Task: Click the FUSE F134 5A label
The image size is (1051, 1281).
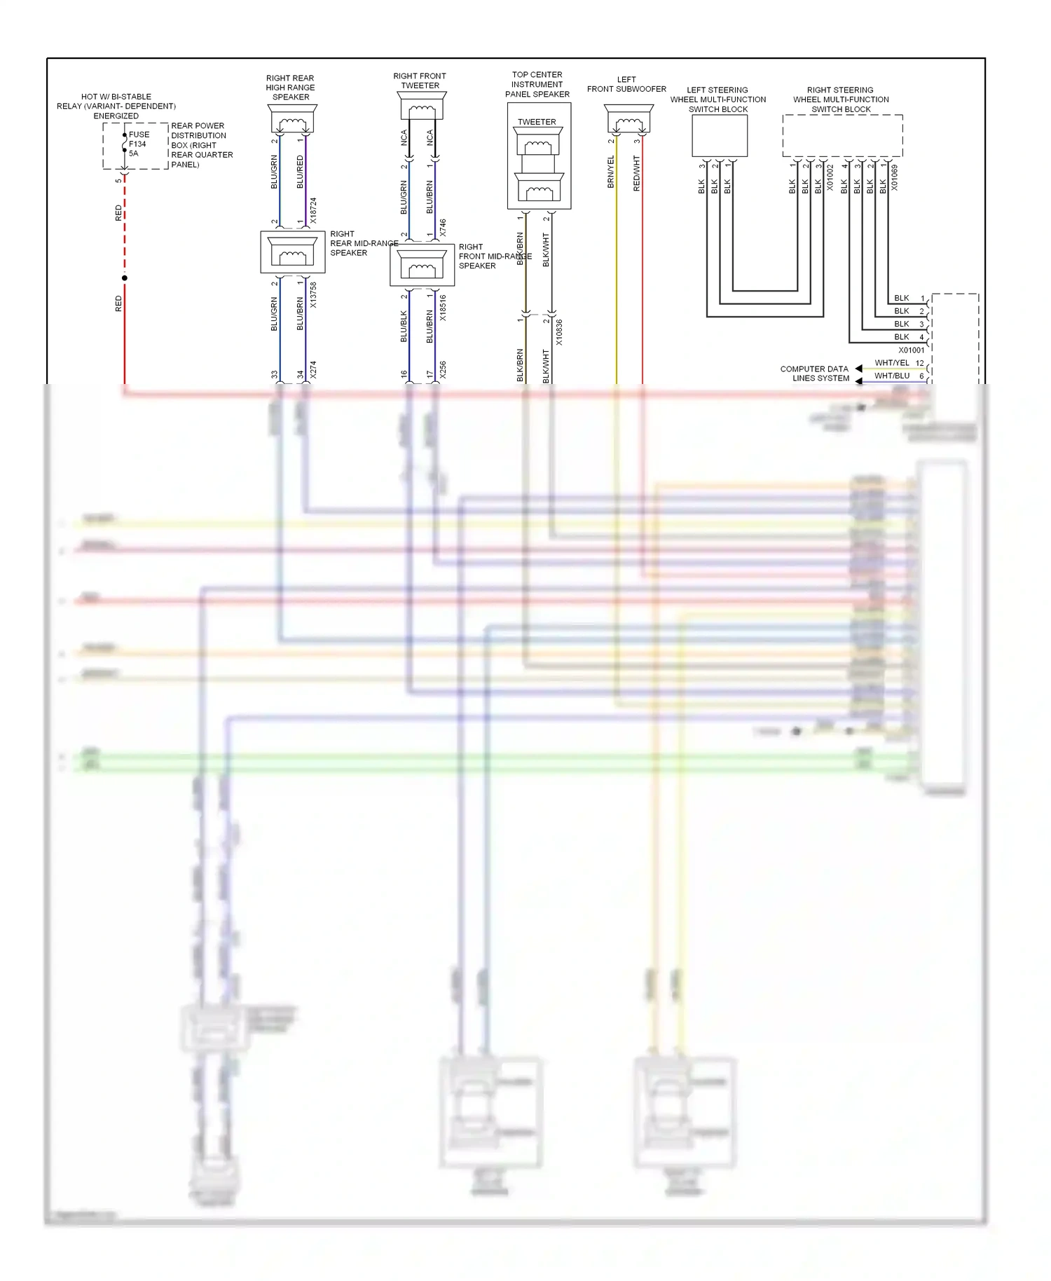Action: coord(138,144)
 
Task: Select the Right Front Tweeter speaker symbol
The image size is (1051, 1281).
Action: coord(421,107)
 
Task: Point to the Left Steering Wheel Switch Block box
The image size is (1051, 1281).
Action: coord(720,135)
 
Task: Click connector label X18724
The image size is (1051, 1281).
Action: coord(313,210)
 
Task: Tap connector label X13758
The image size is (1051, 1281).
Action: coord(313,295)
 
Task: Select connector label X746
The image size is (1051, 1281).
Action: coord(442,227)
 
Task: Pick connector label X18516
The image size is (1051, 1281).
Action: coord(442,308)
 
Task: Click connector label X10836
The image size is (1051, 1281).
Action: coord(558,332)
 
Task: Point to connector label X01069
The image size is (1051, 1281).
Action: coord(894,178)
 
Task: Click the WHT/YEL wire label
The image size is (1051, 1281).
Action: coord(891,363)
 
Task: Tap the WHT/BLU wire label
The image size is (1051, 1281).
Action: coord(891,376)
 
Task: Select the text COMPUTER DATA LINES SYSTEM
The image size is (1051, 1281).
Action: coord(814,374)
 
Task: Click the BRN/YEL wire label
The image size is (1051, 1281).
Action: coord(610,172)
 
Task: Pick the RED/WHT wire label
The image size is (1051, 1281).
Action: coord(636,173)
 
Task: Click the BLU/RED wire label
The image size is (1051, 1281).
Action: coord(300,172)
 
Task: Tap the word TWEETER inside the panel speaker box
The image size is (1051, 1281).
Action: coord(537,122)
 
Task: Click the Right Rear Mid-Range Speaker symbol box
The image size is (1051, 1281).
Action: coord(293,252)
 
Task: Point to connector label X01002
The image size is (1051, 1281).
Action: coord(830,178)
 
